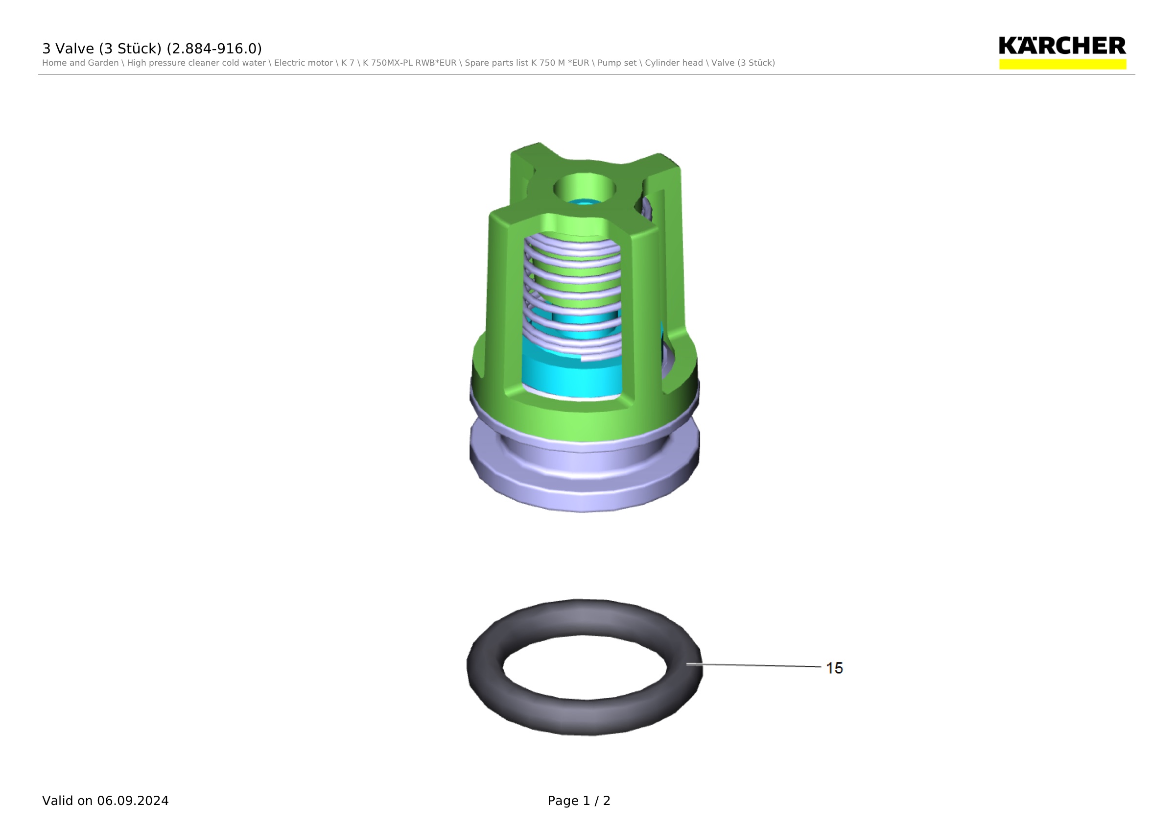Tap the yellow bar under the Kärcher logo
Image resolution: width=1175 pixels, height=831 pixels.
[1062, 64]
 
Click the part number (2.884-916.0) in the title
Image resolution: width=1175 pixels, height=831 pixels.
[214, 49]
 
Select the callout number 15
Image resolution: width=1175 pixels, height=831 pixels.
[834, 668]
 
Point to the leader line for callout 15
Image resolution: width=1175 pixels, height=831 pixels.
[754, 665]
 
